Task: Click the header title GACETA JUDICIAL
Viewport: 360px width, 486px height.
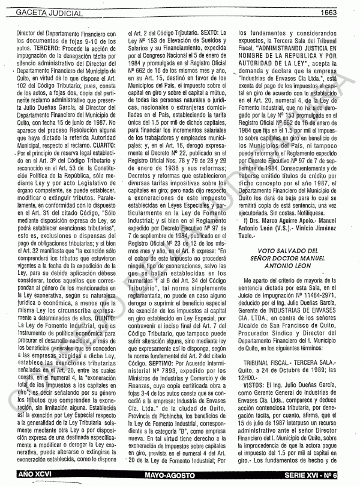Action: coord(43,11)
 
